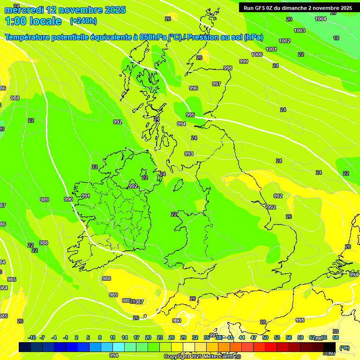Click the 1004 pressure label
pos(321,19)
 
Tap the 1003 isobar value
pos(300,30)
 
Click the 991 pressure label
pos(86,196)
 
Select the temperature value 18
pos(336,38)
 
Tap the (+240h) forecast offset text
pos(83,21)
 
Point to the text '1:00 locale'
pos(33,21)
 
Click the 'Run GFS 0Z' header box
pos(298,8)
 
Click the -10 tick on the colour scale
pos(32,337)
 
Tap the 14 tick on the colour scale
pos(124,337)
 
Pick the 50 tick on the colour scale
pos(265,337)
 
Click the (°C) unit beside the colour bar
pos(345,347)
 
